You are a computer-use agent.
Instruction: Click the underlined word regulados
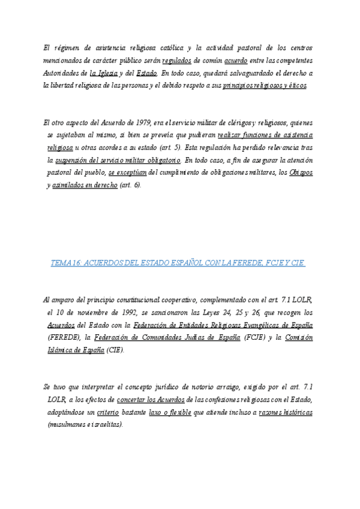176,61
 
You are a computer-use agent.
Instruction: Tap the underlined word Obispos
301,173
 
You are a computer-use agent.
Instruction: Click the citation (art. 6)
130,185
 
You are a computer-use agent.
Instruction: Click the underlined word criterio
108,414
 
